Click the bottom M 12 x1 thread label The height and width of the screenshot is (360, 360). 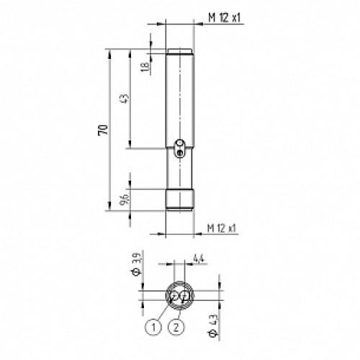pyautogui.click(x=223, y=227)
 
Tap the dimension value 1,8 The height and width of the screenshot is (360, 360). pyautogui.click(x=144, y=66)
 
